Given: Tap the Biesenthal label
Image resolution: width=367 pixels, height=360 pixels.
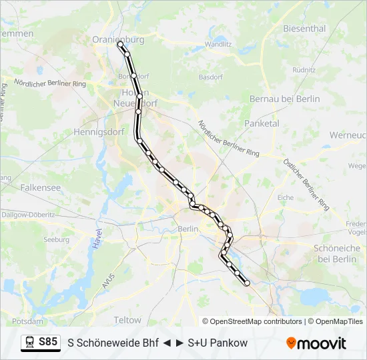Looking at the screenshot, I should [x=304, y=29].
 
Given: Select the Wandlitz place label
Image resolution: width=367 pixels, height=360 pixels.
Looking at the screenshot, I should [x=218, y=44].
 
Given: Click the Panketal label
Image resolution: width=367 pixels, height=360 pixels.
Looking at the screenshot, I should [x=262, y=123].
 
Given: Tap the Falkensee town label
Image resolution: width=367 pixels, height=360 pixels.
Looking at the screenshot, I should [x=41, y=188].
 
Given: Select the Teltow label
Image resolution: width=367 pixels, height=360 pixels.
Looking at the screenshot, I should [x=127, y=320].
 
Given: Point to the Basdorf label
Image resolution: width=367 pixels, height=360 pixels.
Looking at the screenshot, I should [x=210, y=77].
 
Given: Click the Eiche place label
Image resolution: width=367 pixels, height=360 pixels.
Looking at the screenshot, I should [x=286, y=197].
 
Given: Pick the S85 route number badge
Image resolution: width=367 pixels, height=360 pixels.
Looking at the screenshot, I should [x=48, y=342].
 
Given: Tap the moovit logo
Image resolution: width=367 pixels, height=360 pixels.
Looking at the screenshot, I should [x=316, y=343].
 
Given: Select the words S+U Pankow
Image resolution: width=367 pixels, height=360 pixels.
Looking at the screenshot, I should [x=218, y=343].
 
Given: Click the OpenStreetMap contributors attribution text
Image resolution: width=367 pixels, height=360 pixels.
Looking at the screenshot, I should [x=252, y=321].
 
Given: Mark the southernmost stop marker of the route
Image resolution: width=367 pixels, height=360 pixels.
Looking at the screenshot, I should [x=248, y=283].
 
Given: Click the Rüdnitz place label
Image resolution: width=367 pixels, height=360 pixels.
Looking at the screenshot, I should [x=304, y=69].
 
